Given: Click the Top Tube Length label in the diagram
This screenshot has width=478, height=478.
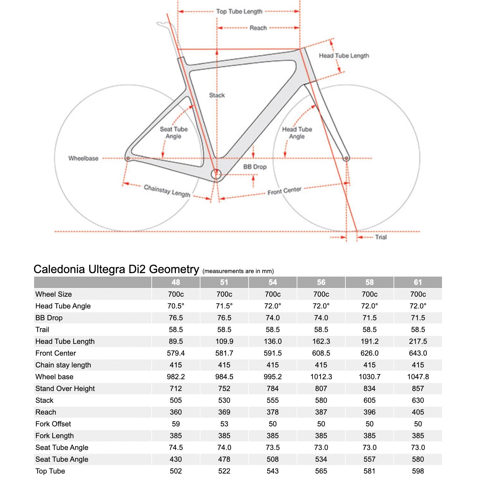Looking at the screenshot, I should click(239, 11).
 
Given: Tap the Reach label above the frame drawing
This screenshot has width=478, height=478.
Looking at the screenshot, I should click(258, 28).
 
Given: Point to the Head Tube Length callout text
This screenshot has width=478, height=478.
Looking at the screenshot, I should click(344, 56).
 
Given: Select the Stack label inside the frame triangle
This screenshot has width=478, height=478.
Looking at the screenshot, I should click(217, 95).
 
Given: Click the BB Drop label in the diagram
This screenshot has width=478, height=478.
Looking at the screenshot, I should click(255, 167).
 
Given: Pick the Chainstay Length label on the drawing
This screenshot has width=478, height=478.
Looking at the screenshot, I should click(167, 191).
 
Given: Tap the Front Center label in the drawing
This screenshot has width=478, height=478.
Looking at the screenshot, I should click(284, 191).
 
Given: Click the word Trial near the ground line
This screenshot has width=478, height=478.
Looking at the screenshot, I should click(381, 237).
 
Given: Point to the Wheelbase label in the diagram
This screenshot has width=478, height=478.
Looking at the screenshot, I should click(83, 158).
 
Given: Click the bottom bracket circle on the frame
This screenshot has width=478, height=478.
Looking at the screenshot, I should click(216, 174).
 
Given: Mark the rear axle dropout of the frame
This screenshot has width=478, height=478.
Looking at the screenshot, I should click(128, 158).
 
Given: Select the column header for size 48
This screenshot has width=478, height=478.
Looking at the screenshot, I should click(176, 282).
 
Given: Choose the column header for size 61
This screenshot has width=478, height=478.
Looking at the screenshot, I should click(418, 282).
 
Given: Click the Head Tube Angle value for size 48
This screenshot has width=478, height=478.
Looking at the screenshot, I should click(176, 306).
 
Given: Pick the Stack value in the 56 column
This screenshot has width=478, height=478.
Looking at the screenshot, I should click(321, 400).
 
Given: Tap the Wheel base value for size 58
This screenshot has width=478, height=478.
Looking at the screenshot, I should click(369, 377).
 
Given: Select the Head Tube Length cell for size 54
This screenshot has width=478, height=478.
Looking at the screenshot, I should click(272, 341).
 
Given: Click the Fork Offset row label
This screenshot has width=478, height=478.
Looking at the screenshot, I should click(53, 424).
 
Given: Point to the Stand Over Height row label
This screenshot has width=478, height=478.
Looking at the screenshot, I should click(65, 388).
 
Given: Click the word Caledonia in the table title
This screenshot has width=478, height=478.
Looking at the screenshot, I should click(59, 269).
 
